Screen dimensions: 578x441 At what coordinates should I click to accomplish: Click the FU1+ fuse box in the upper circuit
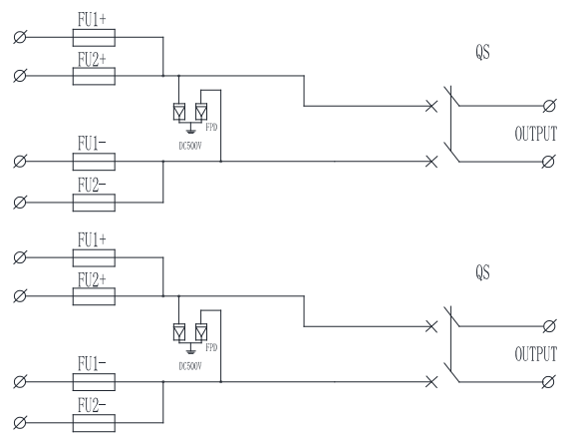(94, 38)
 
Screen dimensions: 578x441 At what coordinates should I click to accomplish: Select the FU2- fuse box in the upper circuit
(94, 203)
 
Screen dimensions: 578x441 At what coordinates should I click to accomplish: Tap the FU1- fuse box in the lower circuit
(94, 382)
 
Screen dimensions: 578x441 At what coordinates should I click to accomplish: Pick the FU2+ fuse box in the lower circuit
(94, 296)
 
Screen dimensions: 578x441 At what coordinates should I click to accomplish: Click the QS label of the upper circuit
(482, 52)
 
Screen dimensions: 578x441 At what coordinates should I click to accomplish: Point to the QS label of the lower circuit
(482, 272)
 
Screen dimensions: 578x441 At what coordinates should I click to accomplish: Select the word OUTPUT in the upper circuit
(535, 134)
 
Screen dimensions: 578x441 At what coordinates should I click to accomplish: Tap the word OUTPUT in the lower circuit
(535, 354)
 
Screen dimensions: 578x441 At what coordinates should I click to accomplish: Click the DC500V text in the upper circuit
(190, 146)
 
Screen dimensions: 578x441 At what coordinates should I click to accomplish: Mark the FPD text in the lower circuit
(211, 347)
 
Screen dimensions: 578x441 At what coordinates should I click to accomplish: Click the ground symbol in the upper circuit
(190, 129)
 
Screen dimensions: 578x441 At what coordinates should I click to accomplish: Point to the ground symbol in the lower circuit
(190, 349)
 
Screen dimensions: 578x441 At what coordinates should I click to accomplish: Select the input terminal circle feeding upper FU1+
(20, 37)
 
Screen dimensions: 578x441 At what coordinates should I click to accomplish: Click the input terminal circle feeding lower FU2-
(20, 423)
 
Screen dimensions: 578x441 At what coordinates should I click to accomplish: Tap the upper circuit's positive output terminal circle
(549, 106)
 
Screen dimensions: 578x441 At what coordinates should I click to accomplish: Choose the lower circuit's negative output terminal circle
(548, 382)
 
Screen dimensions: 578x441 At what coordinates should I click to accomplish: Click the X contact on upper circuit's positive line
(432, 107)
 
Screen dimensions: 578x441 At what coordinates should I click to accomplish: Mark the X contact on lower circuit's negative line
(432, 382)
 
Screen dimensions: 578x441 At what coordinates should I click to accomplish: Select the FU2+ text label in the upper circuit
(92, 60)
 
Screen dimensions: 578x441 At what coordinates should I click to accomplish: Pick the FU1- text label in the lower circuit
(92, 364)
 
